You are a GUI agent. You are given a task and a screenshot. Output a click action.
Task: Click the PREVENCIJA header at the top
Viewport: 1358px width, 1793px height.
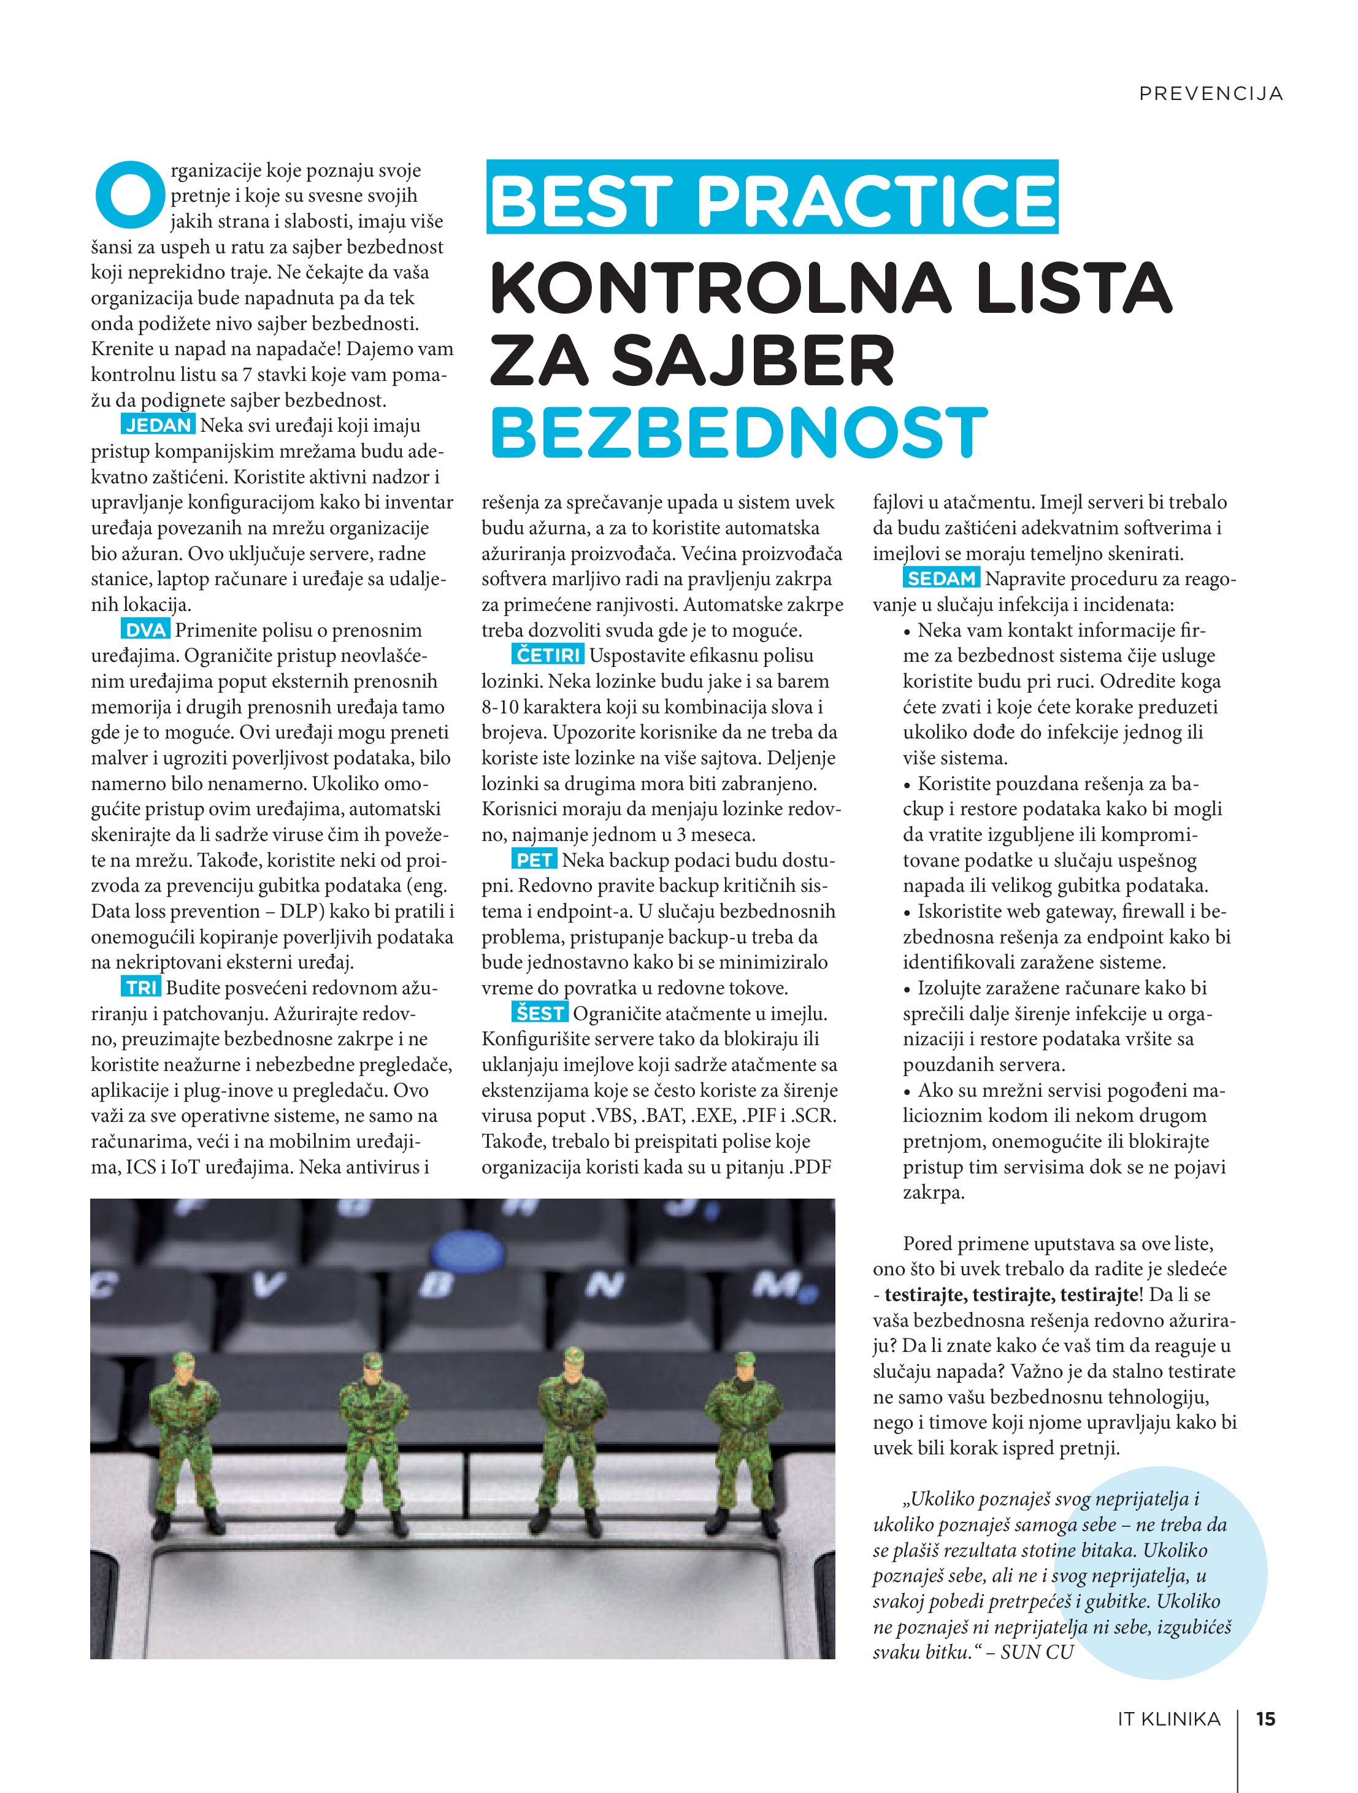click(x=1210, y=94)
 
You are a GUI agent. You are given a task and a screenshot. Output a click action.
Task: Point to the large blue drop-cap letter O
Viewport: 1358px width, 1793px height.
click(x=128, y=194)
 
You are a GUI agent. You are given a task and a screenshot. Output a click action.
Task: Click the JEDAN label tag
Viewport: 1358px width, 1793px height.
click(x=159, y=424)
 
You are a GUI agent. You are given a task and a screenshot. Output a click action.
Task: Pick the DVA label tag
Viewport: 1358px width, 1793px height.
click(x=146, y=630)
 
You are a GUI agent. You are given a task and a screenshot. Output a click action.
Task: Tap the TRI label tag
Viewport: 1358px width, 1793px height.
click(x=142, y=988)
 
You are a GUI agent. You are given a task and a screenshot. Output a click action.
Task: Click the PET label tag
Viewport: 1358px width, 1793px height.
click(x=534, y=859)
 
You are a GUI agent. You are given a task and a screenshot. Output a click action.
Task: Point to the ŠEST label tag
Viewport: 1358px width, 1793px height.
click(x=540, y=1013)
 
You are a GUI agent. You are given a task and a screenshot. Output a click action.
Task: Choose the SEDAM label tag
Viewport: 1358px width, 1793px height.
click(x=942, y=579)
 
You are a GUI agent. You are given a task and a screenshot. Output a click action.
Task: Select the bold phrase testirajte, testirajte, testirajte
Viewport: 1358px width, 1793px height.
click(x=1011, y=1294)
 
